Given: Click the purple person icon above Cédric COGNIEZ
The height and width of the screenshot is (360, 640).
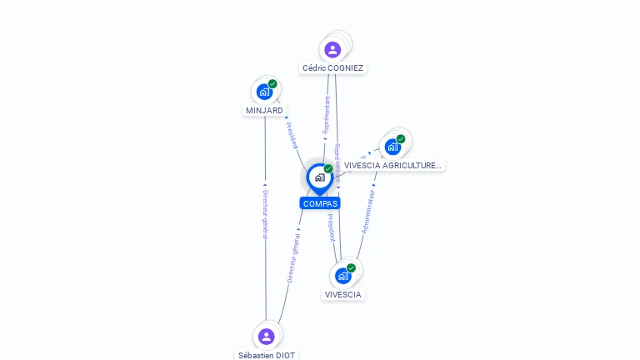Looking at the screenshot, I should pyautogui.click(x=332, y=50).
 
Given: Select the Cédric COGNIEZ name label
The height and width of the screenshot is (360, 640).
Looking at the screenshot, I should pyautogui.click(x=332, y=68).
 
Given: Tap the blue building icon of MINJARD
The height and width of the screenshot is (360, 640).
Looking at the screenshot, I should pyautogui.click(x=264, y=92).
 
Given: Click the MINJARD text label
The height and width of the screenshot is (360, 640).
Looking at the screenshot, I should pyautogui.click(x=264, y=110).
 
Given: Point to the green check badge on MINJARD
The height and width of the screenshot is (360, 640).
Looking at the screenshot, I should pyautogui.click(x=272, y=84).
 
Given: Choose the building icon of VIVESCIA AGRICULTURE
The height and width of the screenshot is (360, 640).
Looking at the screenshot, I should pyautogui.click(x=392, y=147).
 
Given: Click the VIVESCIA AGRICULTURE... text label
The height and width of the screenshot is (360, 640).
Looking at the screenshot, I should pyautogui.click(x=392, y=165).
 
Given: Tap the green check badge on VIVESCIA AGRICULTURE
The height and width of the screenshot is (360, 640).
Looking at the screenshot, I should pyautogui.click(x=401, y=139).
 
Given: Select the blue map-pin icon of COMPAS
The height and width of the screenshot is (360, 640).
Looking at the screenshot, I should pyautogui.click(x=319, y=177).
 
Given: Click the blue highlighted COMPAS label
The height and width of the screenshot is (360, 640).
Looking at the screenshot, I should pyautogui.click(x=320, y=203).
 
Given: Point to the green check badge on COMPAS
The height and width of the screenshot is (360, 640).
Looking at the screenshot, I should pyautogui.click(x=328, y=169).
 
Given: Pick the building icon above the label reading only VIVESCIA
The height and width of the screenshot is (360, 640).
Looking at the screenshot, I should pyautogui.click(x=342, y=276).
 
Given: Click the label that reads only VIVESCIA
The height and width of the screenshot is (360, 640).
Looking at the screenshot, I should pyautogui.click(x=343, y=294).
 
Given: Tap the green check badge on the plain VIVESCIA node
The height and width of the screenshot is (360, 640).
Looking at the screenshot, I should pyautogui.click(x=351, y=268).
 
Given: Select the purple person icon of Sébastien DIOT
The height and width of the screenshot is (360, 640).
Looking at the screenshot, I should pyautogui.click(x=266, y=337).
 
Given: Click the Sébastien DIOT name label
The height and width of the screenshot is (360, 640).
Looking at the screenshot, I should pyautogui.click(x=267, y=355).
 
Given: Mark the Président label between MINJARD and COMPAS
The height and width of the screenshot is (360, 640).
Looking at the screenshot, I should pyautogui.click(x=292, y=135).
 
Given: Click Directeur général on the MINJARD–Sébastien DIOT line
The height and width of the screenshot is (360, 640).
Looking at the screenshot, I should pyautogui.click(x=265, y=214).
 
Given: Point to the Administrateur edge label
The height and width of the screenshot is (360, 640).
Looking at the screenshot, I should pyautogui.click(x=367, y=211).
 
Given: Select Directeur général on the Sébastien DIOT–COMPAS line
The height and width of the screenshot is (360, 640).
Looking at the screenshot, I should pyautogui.click(x=293, y=255).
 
